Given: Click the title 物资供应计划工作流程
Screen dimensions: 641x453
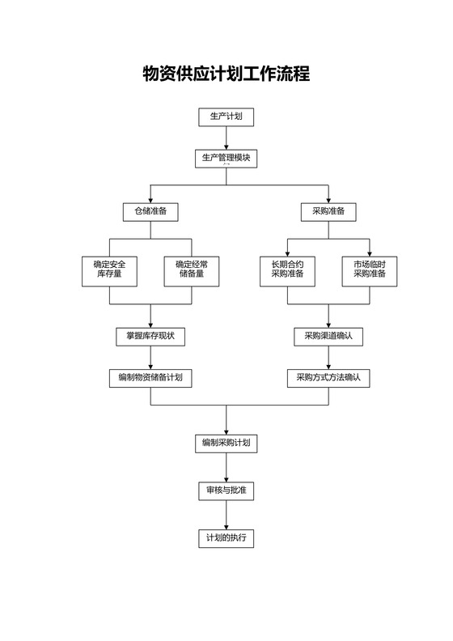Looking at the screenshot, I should pyautogui.click(x=226, y=74).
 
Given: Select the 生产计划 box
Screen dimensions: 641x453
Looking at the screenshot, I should pyautogui.click(x=226, y=117).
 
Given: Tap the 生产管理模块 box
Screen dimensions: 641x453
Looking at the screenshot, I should pyautogui.click(x=226, y=158).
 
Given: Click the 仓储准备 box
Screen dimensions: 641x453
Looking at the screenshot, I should pyautogui.click(x=150, y=211).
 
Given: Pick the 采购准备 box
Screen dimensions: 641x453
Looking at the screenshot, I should pyautogui.click(x=328, y=211).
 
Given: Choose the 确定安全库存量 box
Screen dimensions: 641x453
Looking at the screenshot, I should pyautogui.click(x=109, y=270).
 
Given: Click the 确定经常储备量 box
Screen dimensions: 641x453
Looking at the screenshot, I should pyautogui.click(x=192, y=270).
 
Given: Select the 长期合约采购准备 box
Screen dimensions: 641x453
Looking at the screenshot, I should pyautogui.click(x=287, y=270).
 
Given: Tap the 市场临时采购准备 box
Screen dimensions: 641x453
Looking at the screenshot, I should pyautogui.click(x=370, y=270).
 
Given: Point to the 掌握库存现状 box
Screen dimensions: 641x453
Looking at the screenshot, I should pyautogui.click(x=150, y=336).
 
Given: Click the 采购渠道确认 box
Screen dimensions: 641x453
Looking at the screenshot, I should pyautogui.click(x=328, y=336).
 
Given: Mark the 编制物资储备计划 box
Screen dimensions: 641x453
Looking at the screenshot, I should pyautogui.click(x=150, y=377).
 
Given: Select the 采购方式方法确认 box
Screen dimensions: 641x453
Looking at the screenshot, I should pyautogui.click(x=328, y=377).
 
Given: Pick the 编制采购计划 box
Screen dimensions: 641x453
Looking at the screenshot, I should pyautogui.click(x=226, y=443).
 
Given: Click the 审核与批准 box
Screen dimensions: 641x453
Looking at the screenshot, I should pyautogui.click(x=226, y=490).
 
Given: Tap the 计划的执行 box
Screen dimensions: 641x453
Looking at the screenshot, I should pyautogui.click(x=226, y=538).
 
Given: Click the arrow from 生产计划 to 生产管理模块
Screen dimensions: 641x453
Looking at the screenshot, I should pyautogui.click(x=226, y=138).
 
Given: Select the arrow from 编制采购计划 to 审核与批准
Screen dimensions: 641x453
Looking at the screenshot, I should pyautogui.click(x=226, y=467).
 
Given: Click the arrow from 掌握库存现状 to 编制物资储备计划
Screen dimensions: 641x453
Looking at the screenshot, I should pyautogui.click(x=150, y=357).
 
